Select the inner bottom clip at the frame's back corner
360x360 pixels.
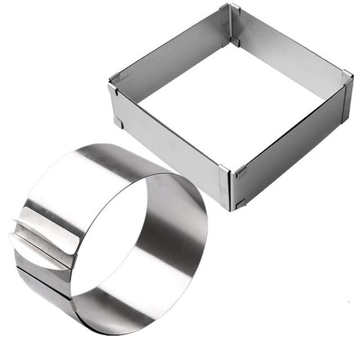click(236, 42)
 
